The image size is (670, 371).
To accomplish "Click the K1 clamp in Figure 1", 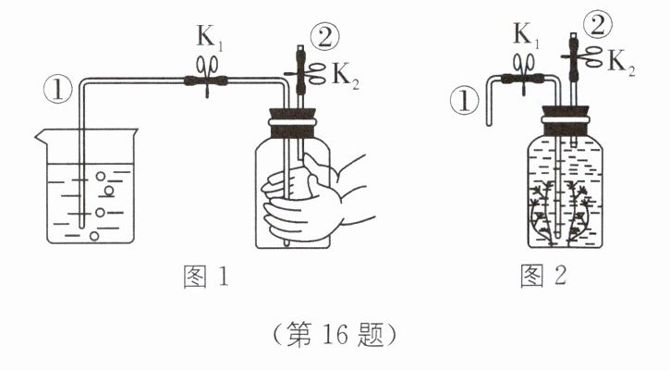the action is click(207, 75).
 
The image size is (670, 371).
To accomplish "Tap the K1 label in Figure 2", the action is click(526, 35).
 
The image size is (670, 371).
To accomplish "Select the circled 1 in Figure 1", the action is click(57, 91).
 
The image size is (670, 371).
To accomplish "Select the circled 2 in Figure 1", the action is click(325, 38).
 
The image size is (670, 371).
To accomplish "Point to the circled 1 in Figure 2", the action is click(464, 102).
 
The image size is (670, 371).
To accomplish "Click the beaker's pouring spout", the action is click(41, 136).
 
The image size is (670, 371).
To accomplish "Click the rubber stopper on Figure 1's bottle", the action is click(293, 123).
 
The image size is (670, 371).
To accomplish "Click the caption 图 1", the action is click(206, 277).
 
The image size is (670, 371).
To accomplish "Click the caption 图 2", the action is click(543, 276).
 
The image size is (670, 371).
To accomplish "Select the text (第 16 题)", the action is click(335, 335).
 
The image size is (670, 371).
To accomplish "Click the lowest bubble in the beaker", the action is click(94, 235).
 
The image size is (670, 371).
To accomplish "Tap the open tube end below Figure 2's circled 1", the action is click(490, 124).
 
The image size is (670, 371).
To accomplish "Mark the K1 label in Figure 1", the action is click(210, 38).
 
